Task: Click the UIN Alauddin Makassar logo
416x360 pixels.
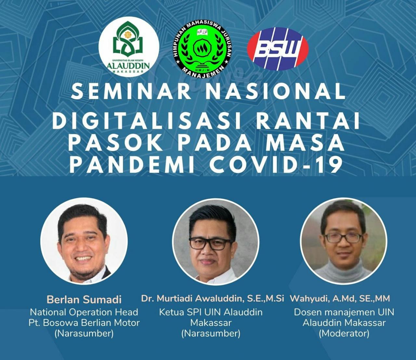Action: [x=129, y=47]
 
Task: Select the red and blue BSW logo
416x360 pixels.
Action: [x=278, y=49]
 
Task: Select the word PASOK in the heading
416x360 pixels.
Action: [x=116, y=143]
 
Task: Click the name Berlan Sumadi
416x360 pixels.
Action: [x=84, y=299]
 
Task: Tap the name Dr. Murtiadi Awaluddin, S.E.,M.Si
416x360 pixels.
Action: [x=213, y=298]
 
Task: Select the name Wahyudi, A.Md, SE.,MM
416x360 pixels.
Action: [x=340, y=298]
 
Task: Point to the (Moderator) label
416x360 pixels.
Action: [x=344, y=333]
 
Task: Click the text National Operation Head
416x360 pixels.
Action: [x=84, y=312]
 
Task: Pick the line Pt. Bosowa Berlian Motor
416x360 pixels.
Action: [x=84, y=323]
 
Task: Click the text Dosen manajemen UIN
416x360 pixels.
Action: [x=344, y=312]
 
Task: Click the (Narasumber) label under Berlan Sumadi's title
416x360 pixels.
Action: [x=84, y=333]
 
